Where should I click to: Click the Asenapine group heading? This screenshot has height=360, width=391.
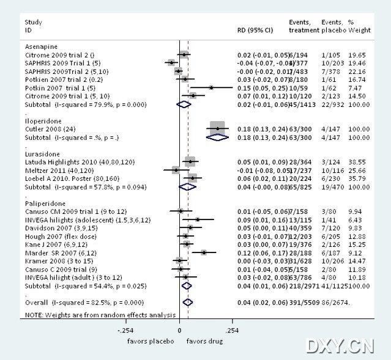tap(40, 46)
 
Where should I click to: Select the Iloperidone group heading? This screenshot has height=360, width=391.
tap(42, 121)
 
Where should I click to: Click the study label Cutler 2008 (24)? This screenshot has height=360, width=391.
tap(53, 129)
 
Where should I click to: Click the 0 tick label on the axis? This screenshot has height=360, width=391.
tap(179, 329)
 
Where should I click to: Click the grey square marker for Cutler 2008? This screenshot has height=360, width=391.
tap(217, 128)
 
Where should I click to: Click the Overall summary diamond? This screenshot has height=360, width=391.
tap(188, 302)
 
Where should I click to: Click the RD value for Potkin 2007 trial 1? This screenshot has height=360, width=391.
tap(263, 87)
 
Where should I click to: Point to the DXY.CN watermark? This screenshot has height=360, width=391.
tap(340, 346)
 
